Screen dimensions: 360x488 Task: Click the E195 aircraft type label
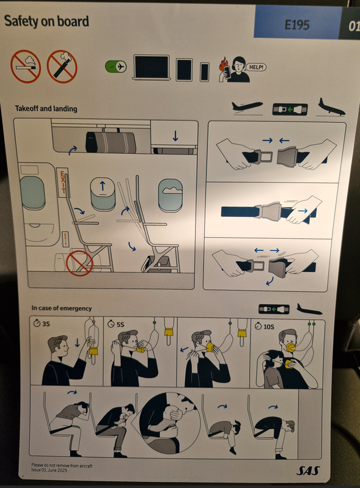pos(297,25)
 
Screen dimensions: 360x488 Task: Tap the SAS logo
pos(308,470)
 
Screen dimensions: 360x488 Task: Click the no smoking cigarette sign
pos(26,67)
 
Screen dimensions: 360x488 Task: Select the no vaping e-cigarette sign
pos(62,67)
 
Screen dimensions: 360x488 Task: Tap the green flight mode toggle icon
pos(116,67)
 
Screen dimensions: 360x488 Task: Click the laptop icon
pos(152,68)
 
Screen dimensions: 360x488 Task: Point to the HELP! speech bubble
pos(256,67)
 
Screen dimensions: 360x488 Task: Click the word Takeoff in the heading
pos(27,108)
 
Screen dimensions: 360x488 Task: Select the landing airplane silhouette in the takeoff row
pos(331,107)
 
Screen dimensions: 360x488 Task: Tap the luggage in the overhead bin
pos(110,142)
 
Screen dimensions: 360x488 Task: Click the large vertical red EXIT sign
pos(62,182)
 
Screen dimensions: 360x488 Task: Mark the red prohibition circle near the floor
pos(79,263)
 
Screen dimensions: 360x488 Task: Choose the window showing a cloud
pos(170,195)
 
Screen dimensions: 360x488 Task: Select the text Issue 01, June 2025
pos(50,470)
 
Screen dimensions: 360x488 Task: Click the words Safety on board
pos(46,21)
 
